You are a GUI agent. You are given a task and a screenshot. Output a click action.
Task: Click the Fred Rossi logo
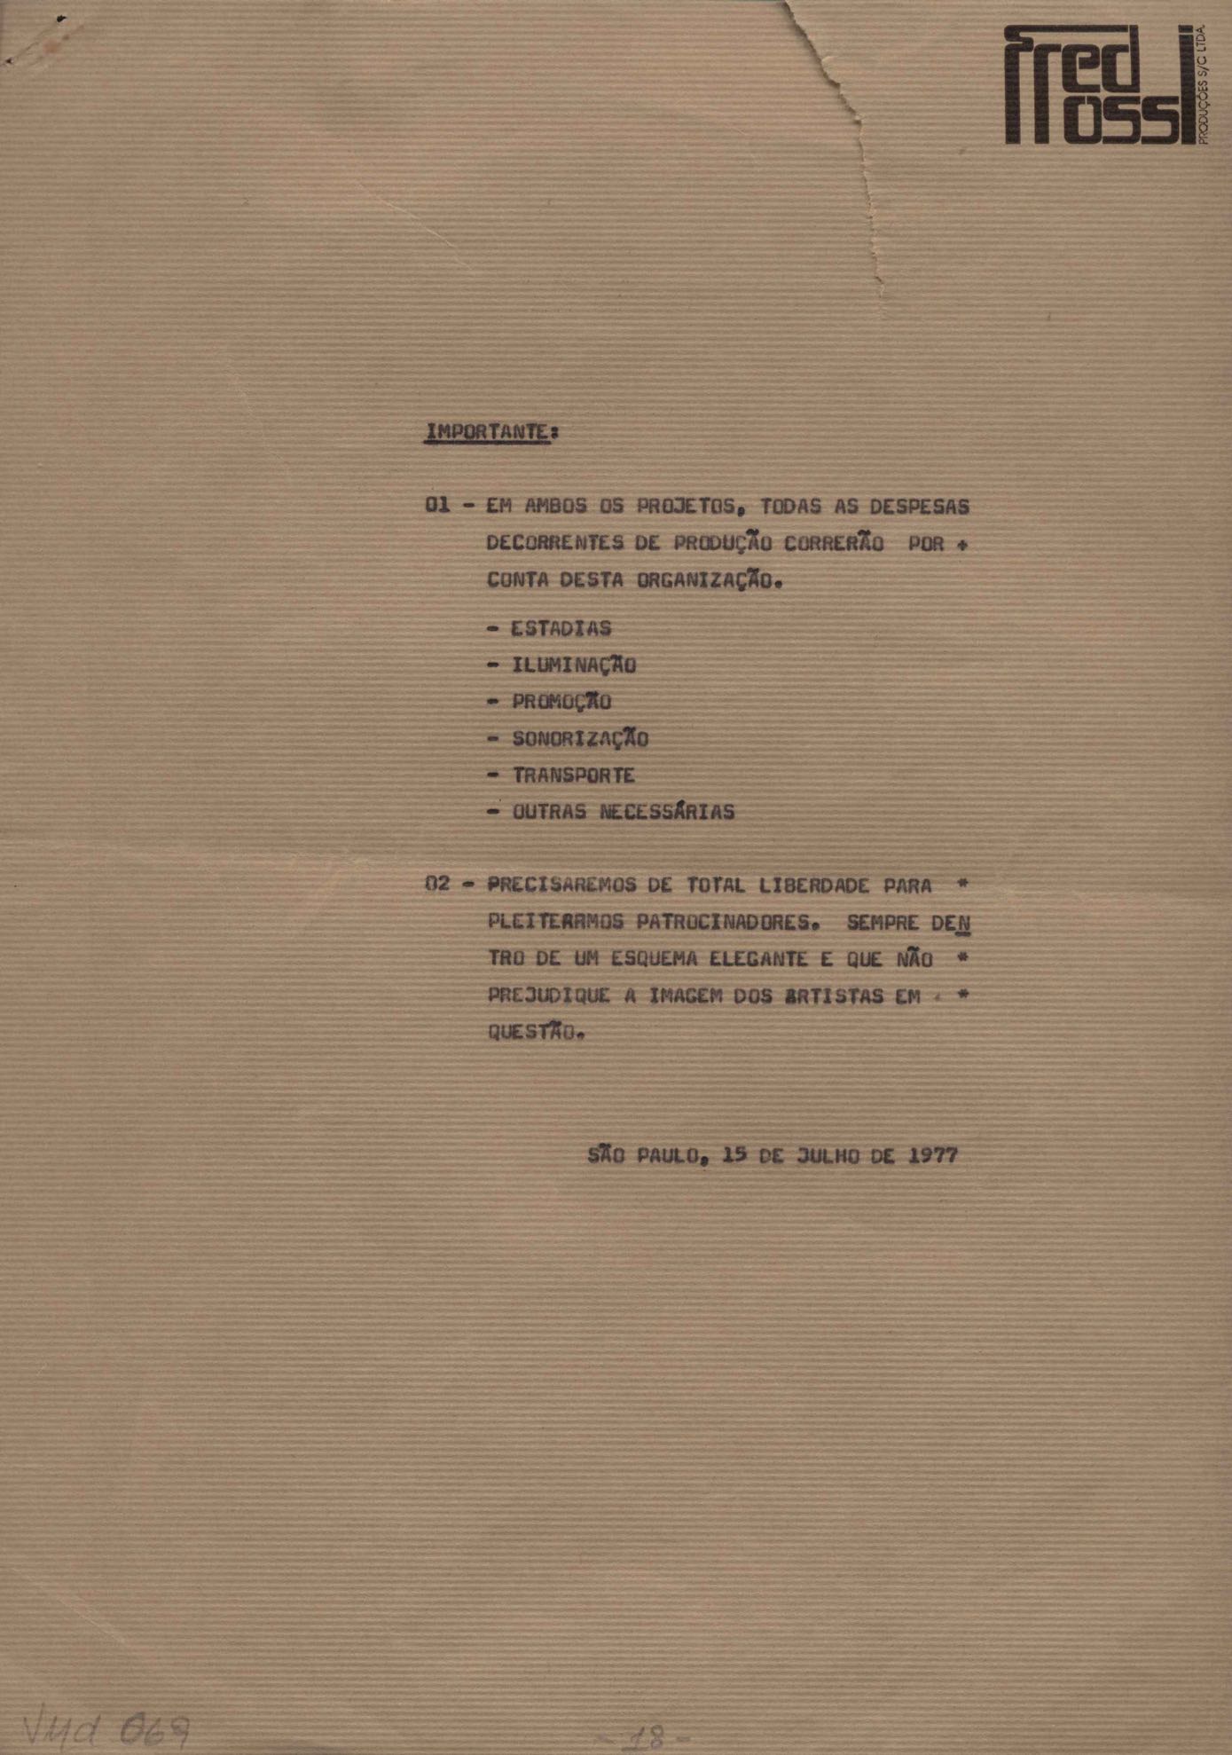coord(1103,85)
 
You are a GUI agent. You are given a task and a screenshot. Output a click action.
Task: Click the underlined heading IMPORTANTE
coord(487,432)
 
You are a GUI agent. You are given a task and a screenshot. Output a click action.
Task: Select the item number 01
coord(438,506)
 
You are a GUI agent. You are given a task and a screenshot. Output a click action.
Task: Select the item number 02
coord(438,885)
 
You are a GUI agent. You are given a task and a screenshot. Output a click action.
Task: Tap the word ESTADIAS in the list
coord(561,628)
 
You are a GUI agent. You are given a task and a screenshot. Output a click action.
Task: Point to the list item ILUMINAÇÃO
coord(574,665)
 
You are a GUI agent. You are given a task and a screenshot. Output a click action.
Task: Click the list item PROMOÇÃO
coord(561,702)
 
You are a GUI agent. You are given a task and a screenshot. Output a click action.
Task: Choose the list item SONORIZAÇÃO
coord(580,738)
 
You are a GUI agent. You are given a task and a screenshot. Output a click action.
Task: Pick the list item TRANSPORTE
coord(574,775)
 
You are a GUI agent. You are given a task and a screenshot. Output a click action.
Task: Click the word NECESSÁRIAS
coord(667,812)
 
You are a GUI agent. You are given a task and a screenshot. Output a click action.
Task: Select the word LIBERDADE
coord(813,885)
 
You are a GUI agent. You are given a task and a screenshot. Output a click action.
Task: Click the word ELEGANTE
coord(758,959)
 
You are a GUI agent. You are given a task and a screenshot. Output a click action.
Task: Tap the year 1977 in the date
coord(933,1155)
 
